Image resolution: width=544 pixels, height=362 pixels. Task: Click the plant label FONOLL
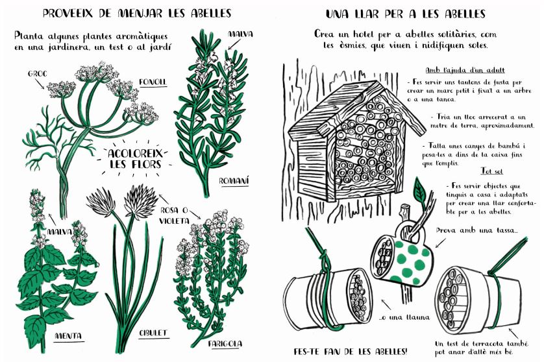tap(153, 82)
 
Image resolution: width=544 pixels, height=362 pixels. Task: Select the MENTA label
tap(68, 335)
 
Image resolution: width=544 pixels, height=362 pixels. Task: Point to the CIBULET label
tap(153, 333)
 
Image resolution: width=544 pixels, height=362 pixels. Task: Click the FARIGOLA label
tap(225, 344)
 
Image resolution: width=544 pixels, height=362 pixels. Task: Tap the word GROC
tap(37, 74)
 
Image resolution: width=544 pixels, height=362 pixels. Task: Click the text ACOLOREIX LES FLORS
tap(134, 159)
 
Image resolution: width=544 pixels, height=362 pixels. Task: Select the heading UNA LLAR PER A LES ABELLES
tap(405, 14)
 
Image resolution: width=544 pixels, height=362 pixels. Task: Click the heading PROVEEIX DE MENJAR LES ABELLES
tap(137, 13)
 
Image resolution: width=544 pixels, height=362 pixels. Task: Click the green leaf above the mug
tap(420, 191)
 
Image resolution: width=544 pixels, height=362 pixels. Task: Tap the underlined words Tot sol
tap(491, 171)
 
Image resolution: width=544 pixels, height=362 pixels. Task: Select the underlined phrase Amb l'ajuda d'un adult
tap(465, 70)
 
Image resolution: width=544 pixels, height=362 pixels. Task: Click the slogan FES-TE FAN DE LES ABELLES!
tap(351, 351)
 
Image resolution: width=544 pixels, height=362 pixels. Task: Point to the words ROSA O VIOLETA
tap(175, 215)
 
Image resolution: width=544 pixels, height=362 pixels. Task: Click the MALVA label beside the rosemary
tap(240, 34)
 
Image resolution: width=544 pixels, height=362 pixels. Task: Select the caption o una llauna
tap(404, 317)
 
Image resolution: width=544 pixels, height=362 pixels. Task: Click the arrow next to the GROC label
tap(40, 84)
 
